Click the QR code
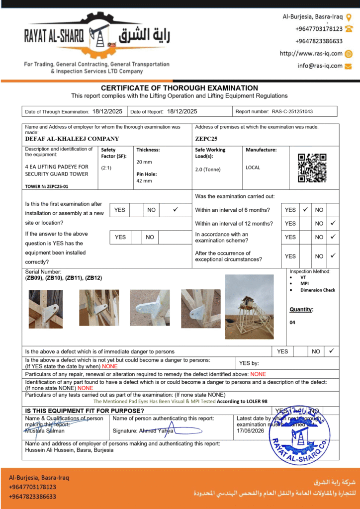312,168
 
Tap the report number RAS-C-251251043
295,112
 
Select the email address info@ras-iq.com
320,66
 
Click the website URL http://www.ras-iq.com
311,54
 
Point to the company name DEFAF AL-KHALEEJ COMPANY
72,139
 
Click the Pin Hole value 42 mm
144,181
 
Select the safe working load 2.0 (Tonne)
208,170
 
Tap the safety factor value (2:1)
106,168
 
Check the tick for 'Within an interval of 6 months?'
306,210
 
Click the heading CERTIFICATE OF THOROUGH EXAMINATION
180,88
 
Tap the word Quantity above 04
301,310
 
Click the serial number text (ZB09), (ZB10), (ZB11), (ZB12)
64,278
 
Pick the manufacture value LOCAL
253,168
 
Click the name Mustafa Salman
45,431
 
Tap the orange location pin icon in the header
349,17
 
